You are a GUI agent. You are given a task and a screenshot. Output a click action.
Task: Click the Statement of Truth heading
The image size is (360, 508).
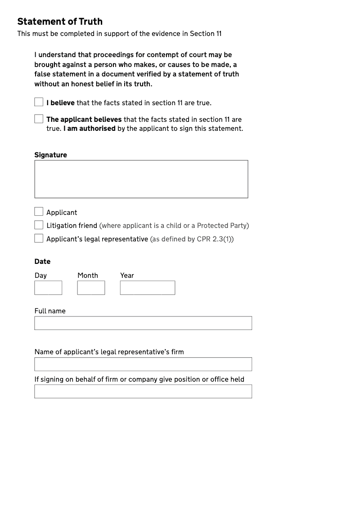click(60, 22)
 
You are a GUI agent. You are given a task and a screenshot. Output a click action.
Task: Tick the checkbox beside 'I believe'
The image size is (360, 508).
click(39, 102)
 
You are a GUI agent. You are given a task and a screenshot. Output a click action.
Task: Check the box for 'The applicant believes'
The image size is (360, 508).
click(39, 119)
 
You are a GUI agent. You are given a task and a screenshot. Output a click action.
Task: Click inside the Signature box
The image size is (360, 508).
click(141, 179)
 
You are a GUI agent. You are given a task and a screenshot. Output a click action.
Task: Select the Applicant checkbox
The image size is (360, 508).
click(39, 212)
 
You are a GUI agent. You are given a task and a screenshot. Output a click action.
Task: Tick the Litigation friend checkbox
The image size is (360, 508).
click(39, 225)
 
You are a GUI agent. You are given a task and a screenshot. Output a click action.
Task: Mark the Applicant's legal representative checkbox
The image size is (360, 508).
click(39, 238)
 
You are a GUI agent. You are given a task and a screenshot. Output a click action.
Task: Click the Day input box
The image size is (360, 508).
click(48, 288)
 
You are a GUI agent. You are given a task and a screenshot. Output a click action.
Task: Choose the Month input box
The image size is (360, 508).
click(91, 288)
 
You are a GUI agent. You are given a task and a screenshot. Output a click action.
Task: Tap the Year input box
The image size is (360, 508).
click(147, 288)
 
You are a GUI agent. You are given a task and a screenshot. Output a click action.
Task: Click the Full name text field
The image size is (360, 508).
click(143, 323)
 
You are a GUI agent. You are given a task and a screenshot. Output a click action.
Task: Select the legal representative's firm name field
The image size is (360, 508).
click(143, 364)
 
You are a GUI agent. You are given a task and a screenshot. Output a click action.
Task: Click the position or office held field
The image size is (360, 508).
click(143, 391)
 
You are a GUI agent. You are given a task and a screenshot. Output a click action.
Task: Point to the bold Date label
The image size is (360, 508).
click(42, 262)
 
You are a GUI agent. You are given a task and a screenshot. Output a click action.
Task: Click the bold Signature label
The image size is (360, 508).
click(50, 155)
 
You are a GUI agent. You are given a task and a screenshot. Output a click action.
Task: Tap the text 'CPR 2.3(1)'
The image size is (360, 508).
click(214, 239)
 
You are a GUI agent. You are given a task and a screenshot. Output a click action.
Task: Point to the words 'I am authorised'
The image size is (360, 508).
click(90, 129)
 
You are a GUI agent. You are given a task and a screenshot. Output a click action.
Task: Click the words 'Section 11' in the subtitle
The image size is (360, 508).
click(206, 34)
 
